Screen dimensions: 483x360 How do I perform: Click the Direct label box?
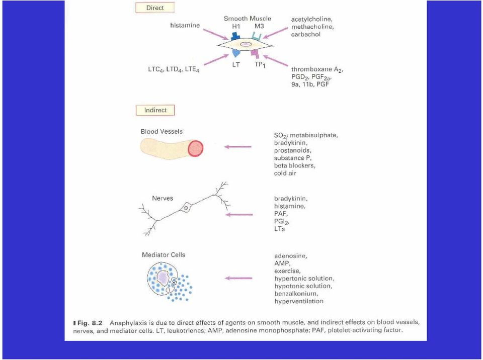(x=155, y=8)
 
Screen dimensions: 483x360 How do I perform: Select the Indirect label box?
(x=155, y=110)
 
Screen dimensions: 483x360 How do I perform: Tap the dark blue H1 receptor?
(x=235, y=35)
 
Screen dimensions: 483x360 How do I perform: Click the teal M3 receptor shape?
(x=257, y=37)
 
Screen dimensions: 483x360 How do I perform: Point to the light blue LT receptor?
(x=235, y=53)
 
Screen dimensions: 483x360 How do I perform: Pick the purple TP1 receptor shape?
(x=255, y=53)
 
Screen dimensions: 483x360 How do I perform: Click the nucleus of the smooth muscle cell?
(x=246, y=44)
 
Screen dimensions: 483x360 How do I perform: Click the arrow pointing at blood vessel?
(x=238, y=147)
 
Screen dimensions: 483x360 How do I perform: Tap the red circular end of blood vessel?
(x=196, y=148)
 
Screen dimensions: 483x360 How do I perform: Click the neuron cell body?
(x=186, y=208)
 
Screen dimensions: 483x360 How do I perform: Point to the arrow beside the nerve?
(x=239, y=214)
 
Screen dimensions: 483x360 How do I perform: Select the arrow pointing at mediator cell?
(x=238, y=278)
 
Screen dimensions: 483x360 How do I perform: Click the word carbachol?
(x=305, y=34)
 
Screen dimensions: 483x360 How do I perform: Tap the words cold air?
(x=285, y=173)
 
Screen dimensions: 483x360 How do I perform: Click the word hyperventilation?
(x=299, y=301)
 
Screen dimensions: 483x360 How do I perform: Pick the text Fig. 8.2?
(x=90, y=323)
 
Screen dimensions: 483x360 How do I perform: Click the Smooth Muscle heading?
(x=248, y=19)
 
